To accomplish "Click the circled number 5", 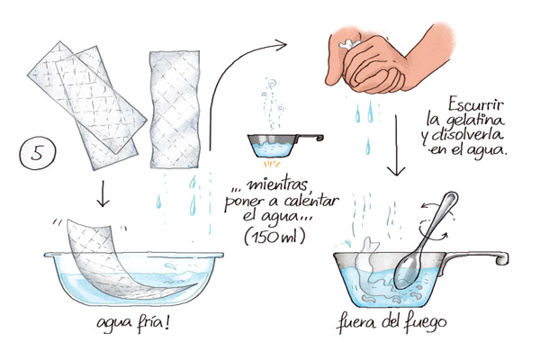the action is pyautogui.click(x=37, y=153).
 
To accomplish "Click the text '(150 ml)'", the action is pyautogui.click(x=274, y=237).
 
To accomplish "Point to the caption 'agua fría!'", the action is pyautogui.click(x=133, y=324).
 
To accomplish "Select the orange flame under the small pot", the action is pyautogui.click(x=272, y=163).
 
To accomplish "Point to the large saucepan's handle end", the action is pyautogui.click(x=502, y=257).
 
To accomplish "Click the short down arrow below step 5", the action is pyautogui.click(x=103, y=194).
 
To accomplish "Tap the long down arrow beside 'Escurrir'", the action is pyautogui.click(x=396, y=146).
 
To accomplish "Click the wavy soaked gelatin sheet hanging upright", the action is pyautogui.click(x=175, y=110).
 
